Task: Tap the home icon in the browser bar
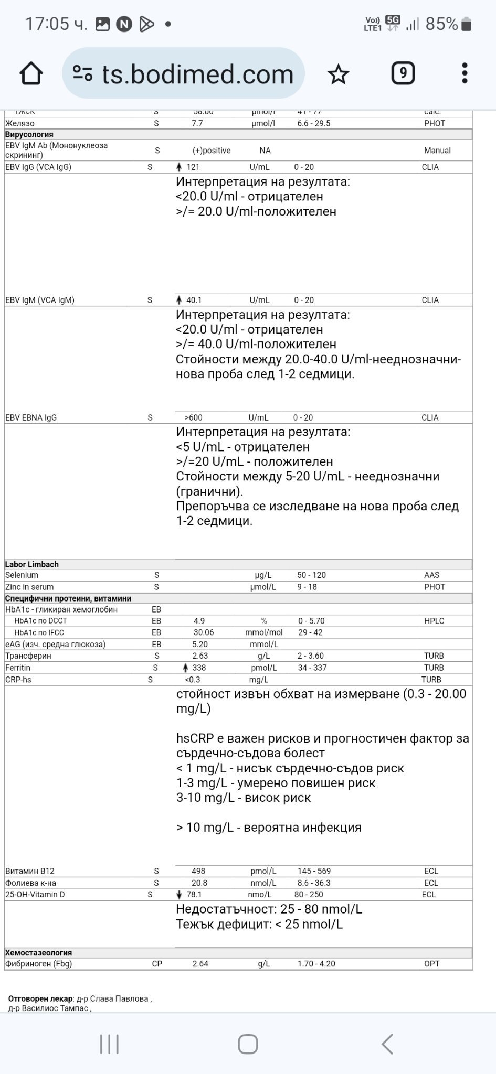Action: point(31,73)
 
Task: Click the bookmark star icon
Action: point(338,74)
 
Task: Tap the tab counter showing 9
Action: point(403,73)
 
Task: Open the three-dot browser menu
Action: point(465,73)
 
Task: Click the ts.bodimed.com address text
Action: point(197,74)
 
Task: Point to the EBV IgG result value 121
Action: point(193,167)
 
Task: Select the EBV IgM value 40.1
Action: point(194,300)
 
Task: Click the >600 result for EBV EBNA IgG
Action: point(193,418)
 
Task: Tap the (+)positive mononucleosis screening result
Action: point(212,151)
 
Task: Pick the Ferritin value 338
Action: point(199,668)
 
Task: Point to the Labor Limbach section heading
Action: point(32,565)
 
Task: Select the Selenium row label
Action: point(22,575)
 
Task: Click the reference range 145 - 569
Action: point(314,871)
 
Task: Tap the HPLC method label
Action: point(434,621)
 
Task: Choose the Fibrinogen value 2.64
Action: point(200,964)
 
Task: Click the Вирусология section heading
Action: point(29,135)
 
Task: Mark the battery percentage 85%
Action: point(441,24)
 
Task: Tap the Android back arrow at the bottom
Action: point(387,1044)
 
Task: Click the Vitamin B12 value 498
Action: point(198,871)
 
